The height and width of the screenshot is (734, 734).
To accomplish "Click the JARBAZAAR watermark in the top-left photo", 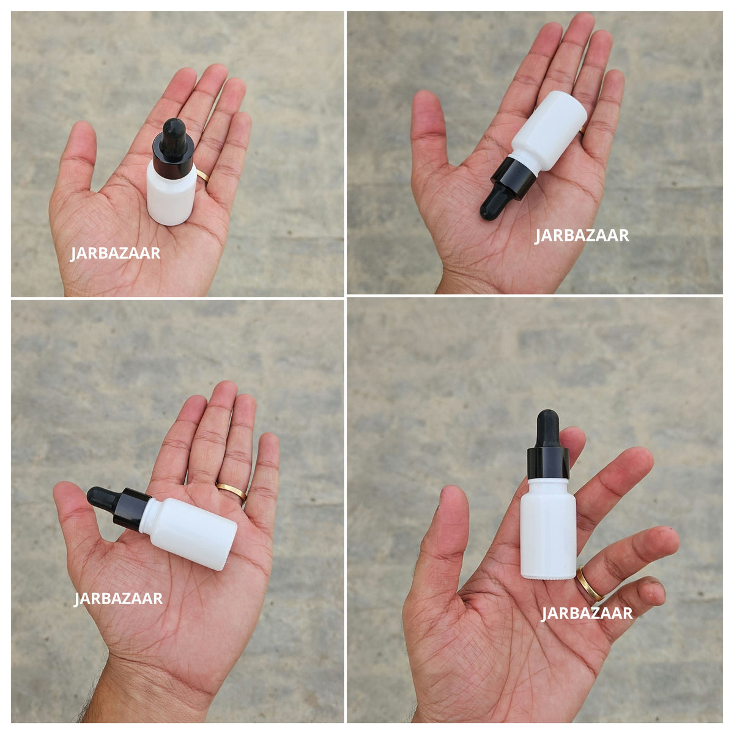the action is [115, 253].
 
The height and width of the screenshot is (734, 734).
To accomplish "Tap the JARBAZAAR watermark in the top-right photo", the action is [582, 235].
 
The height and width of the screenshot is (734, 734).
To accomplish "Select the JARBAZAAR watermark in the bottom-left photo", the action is [119, 598].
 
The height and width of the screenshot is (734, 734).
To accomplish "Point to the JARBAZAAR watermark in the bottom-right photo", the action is [587, 614].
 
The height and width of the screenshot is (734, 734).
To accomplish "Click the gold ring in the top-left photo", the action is [203, 176].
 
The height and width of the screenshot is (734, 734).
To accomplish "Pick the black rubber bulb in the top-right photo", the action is [495, 204].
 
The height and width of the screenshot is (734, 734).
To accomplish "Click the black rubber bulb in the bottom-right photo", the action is [548, 429].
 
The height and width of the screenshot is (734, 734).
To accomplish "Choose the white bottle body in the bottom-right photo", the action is [548, 530].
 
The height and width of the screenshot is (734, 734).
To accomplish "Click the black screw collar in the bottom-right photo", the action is [548, 463].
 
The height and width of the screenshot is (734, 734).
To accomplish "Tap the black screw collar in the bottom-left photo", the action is [132, 510].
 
